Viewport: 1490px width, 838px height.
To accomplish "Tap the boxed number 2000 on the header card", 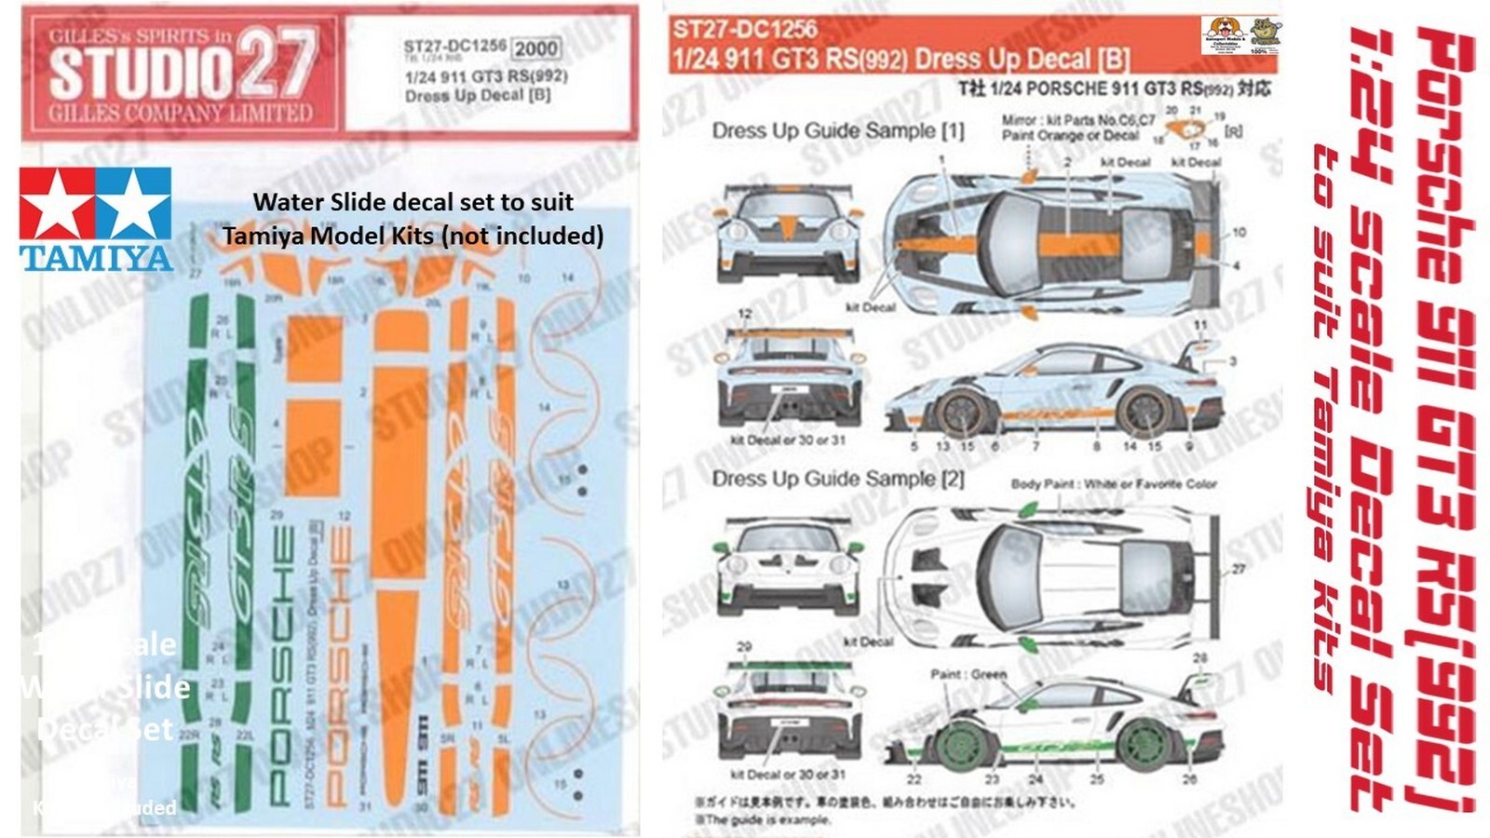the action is click(x=536, y=48).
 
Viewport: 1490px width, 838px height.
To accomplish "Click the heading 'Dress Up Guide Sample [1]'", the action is click(x=838, y=131).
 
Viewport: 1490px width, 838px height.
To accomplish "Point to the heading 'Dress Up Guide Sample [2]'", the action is click(x=838, y=480).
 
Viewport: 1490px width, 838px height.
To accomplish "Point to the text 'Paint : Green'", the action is click(x=968, y=674).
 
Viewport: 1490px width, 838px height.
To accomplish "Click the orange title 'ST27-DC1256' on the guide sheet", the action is click(x=745, y=30).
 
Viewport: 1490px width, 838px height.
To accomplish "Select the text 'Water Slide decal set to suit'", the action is click(x=413, y=202).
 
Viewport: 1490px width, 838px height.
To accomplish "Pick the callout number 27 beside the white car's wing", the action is click(x=1238, y=569).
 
